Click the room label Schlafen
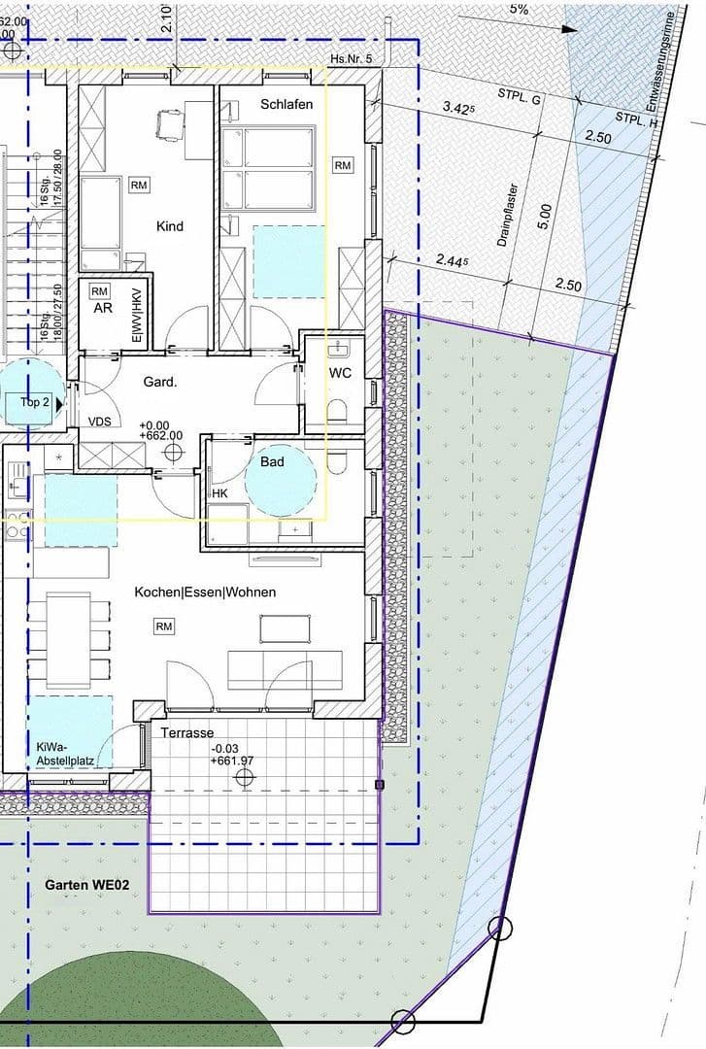pos(286,104)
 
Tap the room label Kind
pos(170,226)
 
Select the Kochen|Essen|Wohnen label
pos(219,592)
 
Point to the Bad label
pos(272,461)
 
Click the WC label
pos(340,373)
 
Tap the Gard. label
pos(160,383)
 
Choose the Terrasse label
pos(187,734)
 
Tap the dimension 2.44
pos(454,261)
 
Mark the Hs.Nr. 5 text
pos(351,59)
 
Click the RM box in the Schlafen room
pos(343,166)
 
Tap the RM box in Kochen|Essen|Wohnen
pos(163,627)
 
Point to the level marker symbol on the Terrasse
pos(244,776)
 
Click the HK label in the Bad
pos(219,494)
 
